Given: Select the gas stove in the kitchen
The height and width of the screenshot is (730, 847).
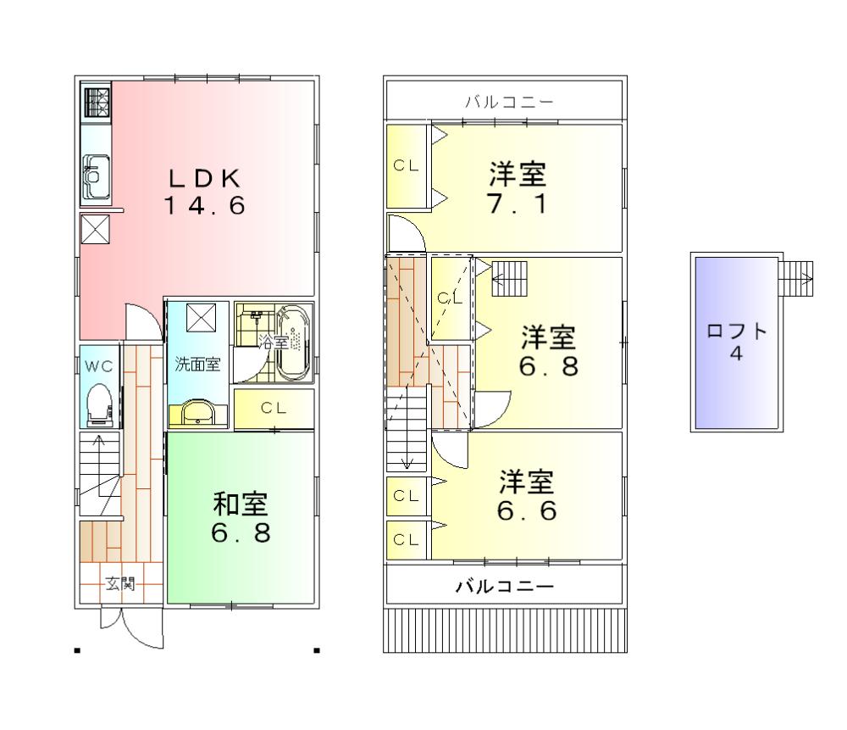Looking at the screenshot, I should click(x=96, y=103).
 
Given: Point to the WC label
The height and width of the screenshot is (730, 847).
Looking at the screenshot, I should click(x=98, y=367).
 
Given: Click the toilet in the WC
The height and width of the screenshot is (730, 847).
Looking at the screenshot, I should click(x=99, y=404).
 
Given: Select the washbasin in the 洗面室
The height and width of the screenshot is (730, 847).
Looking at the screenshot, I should click(x=198, y=412).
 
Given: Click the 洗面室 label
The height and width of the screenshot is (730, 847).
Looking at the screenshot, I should click(x=197, y=365).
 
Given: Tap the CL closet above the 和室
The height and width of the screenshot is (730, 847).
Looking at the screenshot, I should click(x=273, y=408).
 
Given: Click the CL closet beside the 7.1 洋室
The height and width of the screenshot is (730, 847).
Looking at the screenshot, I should click(x=406, y=166).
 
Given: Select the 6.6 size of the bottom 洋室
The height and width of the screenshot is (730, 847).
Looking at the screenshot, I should click(x=526, y=512).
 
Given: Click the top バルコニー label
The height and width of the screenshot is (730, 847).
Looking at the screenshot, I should click(x=509, y=103).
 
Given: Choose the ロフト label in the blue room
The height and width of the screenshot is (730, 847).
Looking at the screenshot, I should click(x=736, y=332).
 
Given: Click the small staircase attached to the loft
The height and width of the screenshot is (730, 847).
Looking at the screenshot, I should click(x=796, y=277).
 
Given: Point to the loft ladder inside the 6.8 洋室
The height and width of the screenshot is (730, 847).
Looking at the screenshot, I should click(x=509, y=277).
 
